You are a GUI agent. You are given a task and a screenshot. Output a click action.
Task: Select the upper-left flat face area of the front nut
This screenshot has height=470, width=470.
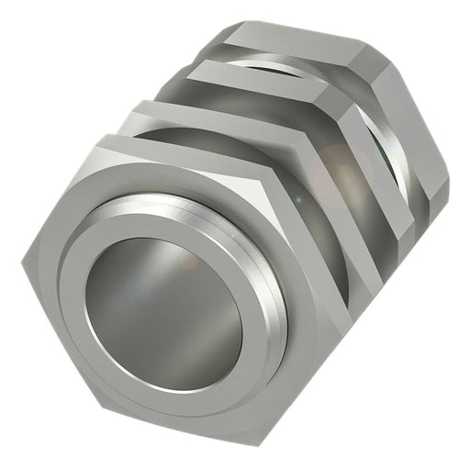click(x=69, y=197)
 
